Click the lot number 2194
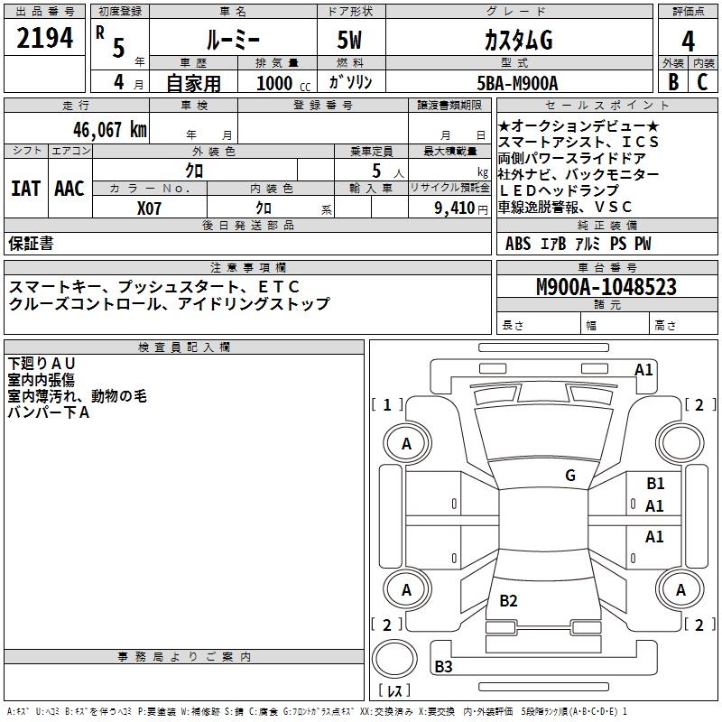coord(45,38)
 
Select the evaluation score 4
coord(688,41)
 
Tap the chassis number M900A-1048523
coord(606,287)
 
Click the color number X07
coord(149,207)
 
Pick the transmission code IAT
coord(25,189)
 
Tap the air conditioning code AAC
coord(69,189)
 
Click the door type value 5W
coord(350,42)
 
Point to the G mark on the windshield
coord(569,476)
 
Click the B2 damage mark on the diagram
coord(508,601)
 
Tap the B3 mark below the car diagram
coord(443,667)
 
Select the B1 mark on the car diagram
coord(655,484)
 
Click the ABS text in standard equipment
coord(518,244)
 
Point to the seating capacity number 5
coord(375,171)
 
